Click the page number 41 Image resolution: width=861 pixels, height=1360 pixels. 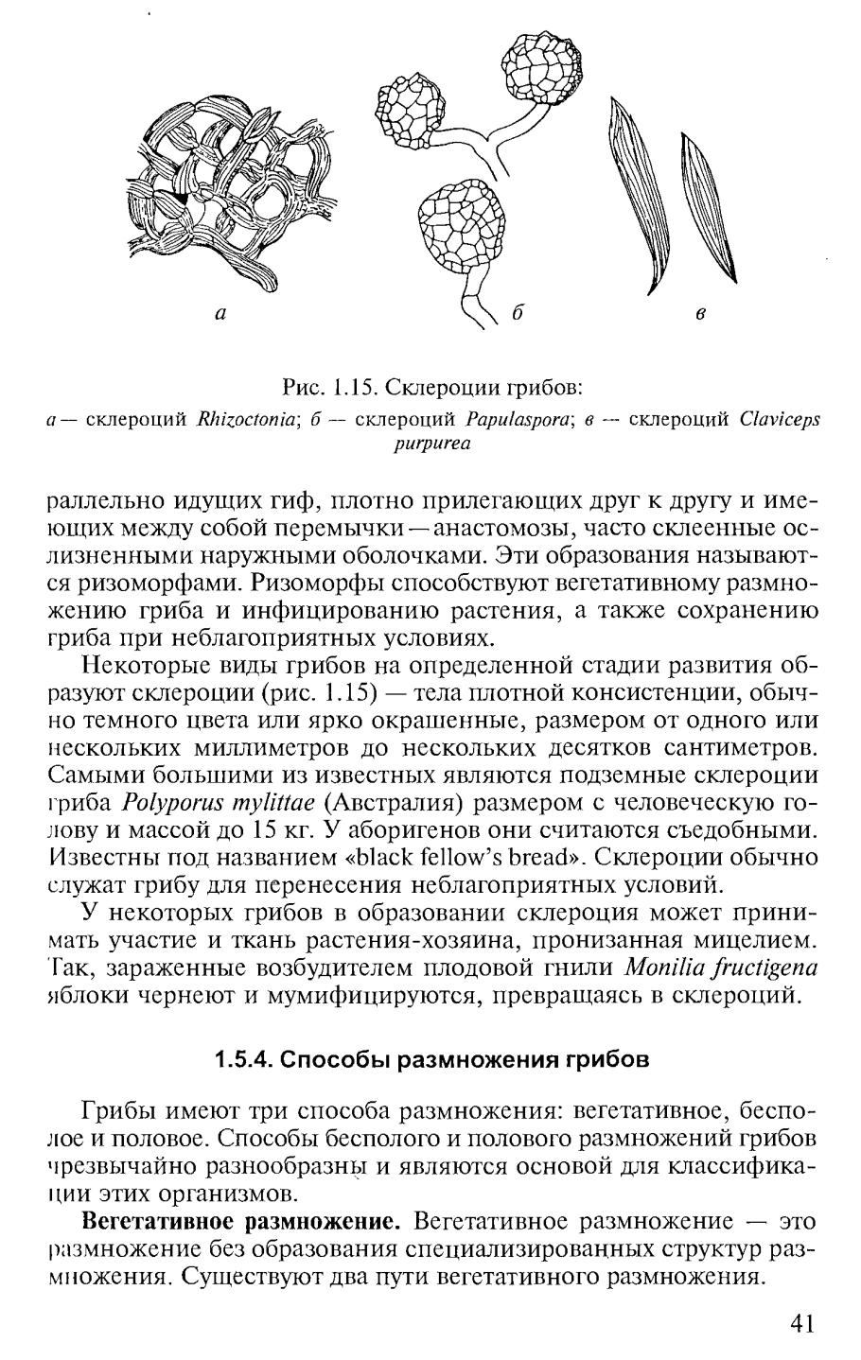[x=799, y=1323]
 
